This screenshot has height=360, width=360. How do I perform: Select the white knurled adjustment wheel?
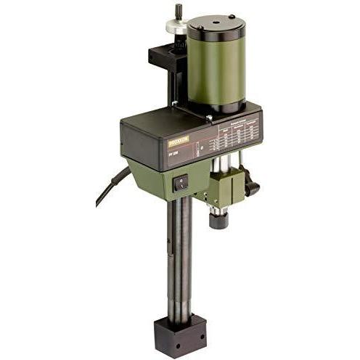pos(176,26)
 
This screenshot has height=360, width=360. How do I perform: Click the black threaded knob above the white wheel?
pos(177,12)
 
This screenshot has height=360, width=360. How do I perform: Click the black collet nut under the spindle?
pos(218,218)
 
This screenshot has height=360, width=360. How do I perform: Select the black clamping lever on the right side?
pos(252,187)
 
